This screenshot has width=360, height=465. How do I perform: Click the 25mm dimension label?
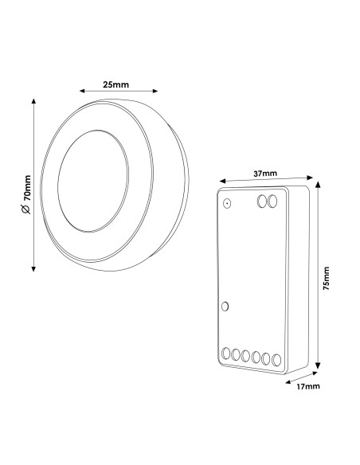116,85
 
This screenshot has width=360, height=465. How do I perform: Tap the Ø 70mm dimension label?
26,194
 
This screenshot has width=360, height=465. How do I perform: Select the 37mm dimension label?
265,174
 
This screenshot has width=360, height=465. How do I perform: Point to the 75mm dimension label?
327,278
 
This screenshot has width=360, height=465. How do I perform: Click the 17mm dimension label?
308,386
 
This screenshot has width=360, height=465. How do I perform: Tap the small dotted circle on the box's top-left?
227,204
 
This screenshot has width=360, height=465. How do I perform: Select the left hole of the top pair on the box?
262,201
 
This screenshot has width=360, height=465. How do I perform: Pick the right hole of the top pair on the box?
272,201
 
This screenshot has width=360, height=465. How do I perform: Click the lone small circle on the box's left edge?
225,307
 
